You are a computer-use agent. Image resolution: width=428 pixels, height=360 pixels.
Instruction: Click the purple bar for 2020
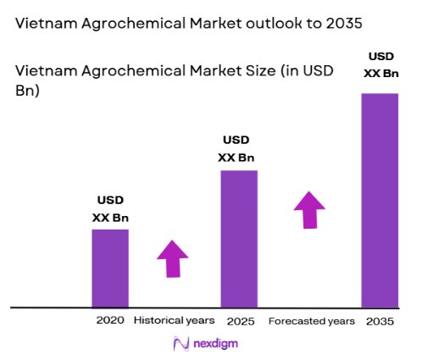tap(110, 268)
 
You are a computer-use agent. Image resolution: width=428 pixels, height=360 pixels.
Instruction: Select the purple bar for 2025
tap(239, 238)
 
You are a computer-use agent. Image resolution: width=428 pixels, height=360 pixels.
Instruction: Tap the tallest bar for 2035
tap(380, 200)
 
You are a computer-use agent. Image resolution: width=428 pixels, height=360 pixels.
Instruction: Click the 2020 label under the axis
tap(110, 321)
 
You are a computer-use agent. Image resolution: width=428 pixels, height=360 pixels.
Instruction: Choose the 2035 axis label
tap(380, 322)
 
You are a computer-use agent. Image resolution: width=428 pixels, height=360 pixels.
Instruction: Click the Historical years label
tap(174, 321)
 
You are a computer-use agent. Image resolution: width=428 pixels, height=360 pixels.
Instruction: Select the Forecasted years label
tap(311, 322)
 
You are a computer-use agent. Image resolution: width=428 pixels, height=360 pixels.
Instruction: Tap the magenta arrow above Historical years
tap(173, 258)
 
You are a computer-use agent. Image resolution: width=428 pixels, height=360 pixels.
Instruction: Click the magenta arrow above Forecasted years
tap(309, 209)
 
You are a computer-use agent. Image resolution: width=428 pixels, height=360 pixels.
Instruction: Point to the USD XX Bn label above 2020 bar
tap(110, 208)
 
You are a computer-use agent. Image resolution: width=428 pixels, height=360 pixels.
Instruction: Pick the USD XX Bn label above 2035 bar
tap(380, 65)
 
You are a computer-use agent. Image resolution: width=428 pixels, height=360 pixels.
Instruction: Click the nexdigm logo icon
tap(180, 343)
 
